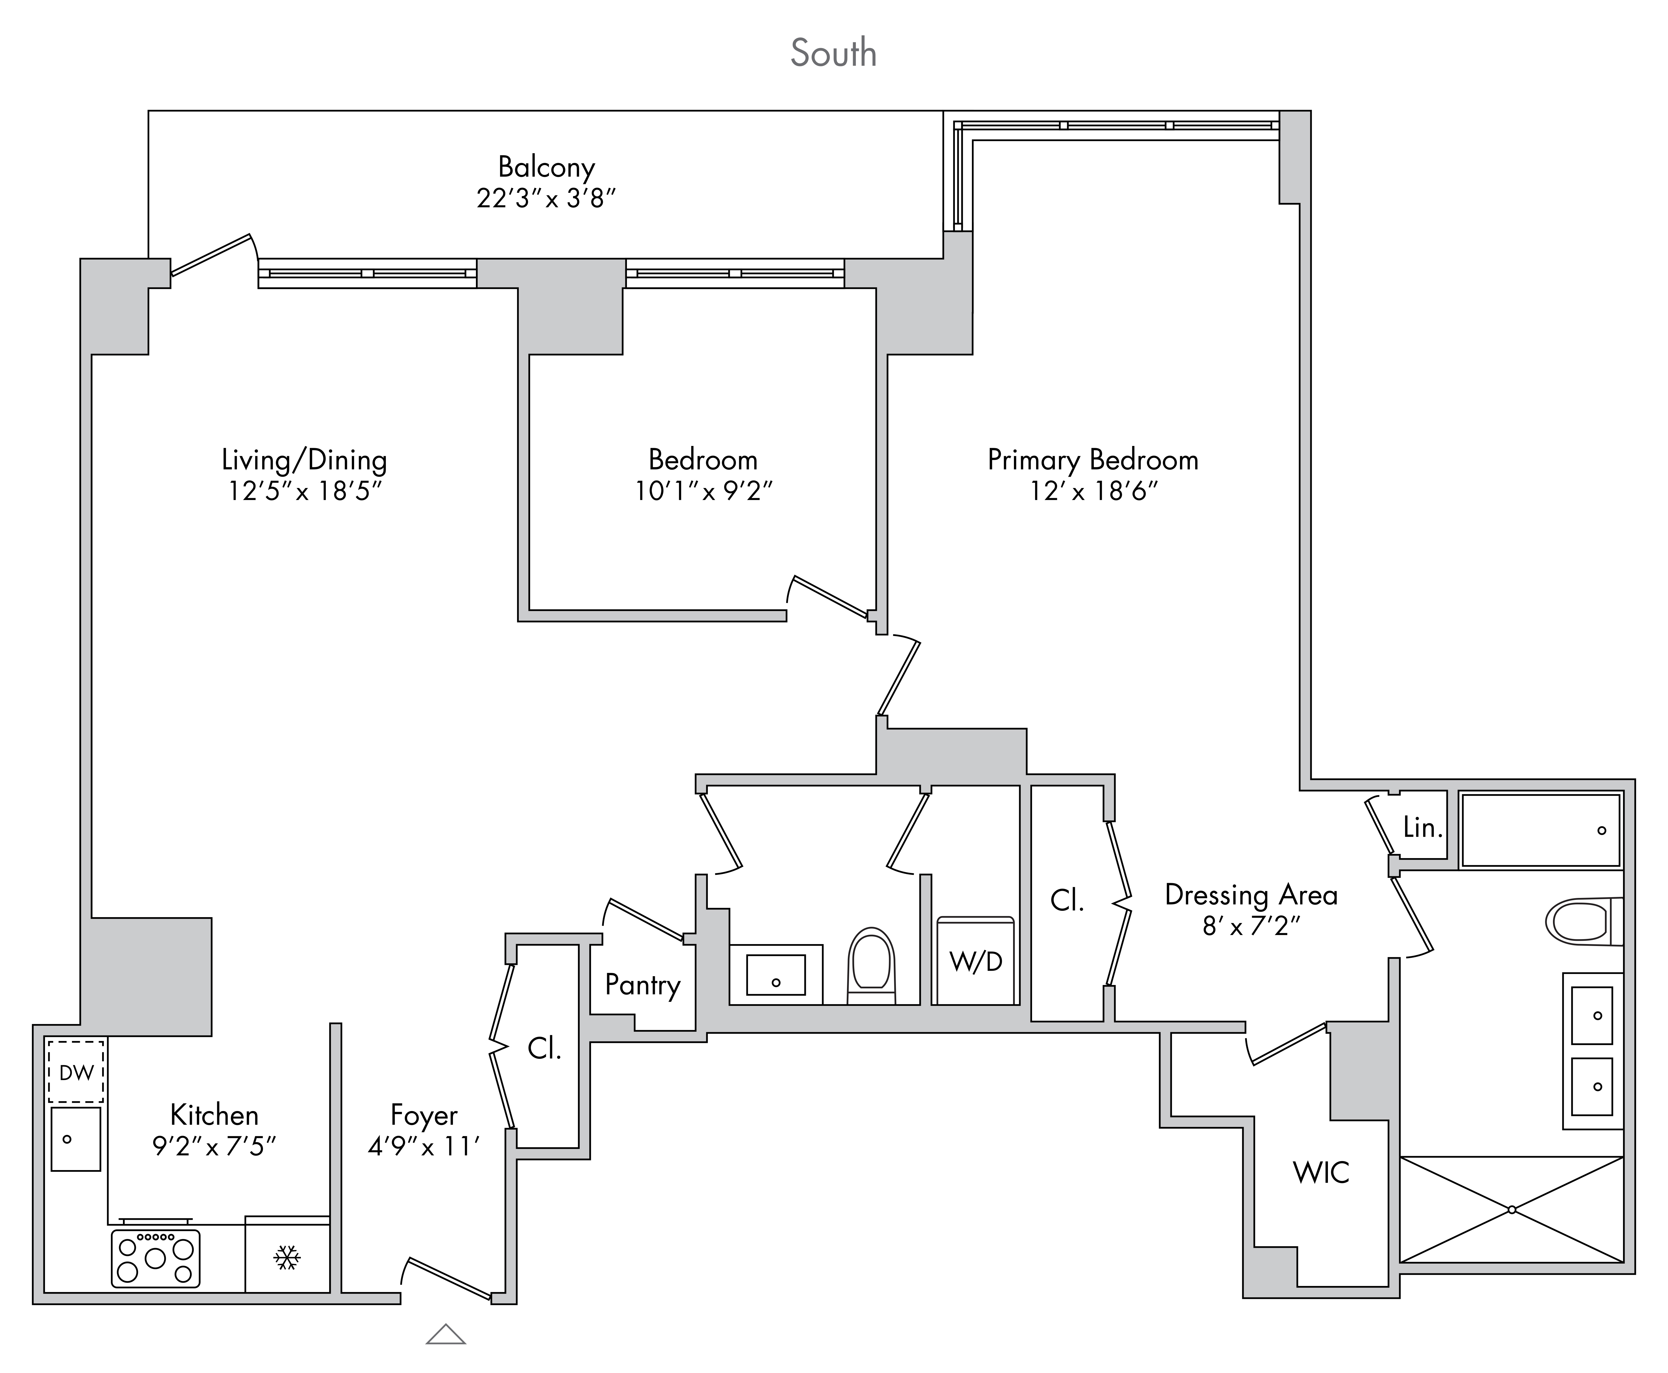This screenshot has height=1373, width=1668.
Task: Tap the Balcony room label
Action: pos(546,167)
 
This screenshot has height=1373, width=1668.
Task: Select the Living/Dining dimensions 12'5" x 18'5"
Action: pos(304,491)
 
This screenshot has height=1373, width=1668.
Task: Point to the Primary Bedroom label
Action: pos(1092,460)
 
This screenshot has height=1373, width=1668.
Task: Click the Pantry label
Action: pos(643,986)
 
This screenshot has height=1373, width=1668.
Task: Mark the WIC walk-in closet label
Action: pos(1321,1172)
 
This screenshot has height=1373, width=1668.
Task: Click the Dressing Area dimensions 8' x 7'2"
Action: pos(1251,925)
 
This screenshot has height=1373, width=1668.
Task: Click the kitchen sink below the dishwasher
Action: pos(76,1139)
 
